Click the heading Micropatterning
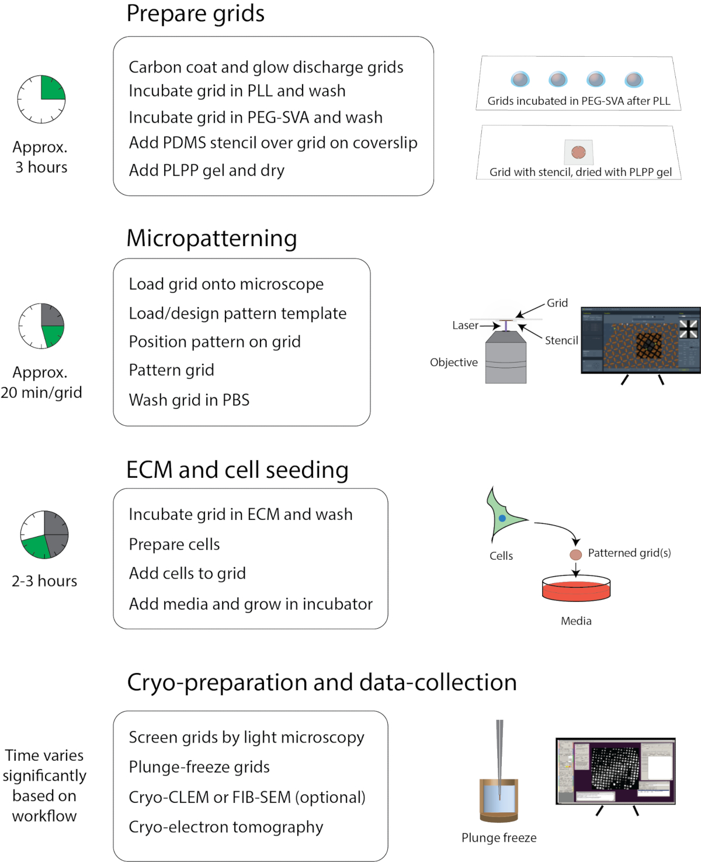coord(211,239)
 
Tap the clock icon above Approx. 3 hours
coord(41,99)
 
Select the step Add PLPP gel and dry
coord(206,170)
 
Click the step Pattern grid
coord(171,370)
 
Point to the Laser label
coord(465,325)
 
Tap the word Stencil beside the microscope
coord(561,340)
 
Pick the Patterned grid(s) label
coord(629,553)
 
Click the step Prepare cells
coord(174,544)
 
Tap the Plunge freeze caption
coord(499,837)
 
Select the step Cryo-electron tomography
coord(225,827)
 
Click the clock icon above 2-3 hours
coord(44,535)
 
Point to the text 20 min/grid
coord(41,392)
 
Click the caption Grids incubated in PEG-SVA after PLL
coord(579,101)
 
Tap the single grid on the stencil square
coord(578,152)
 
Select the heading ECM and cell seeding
coord(237,470)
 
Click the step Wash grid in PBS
coord(189,400)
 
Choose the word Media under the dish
coord(576,621)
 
